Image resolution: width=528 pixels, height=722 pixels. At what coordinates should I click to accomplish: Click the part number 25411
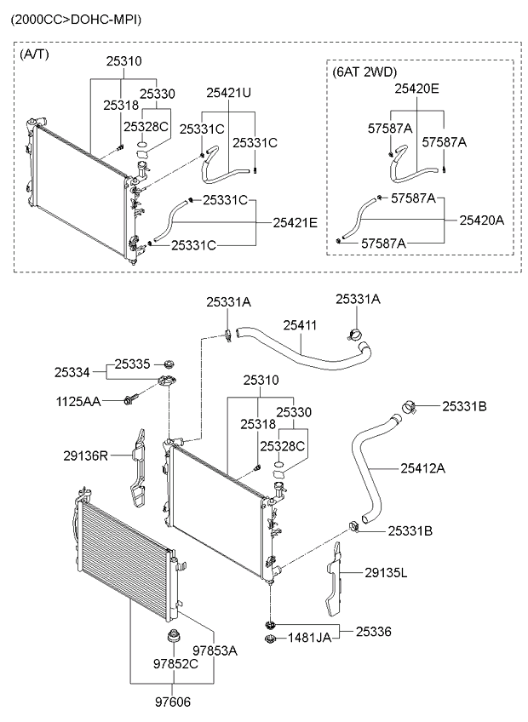(300, 324)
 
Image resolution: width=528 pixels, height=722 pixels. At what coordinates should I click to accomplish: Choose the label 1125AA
(77, 400)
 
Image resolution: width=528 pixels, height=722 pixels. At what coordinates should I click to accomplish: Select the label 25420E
(416, 88)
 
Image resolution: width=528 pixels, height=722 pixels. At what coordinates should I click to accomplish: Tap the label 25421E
(295, 222)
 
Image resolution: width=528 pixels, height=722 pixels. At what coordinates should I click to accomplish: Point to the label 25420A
(482, 220)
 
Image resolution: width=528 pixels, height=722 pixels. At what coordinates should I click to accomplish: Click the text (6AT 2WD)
(364, 72)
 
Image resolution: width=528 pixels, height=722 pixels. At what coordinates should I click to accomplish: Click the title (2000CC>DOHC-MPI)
(76, 19)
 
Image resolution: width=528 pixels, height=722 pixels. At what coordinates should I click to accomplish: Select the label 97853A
(213, 650)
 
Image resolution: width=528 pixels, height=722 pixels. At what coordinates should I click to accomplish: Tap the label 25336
(373, 631)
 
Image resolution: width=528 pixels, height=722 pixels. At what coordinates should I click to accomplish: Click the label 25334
(72, 372)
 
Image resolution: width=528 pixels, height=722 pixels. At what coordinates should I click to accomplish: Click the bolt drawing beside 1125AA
(131, 398)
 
